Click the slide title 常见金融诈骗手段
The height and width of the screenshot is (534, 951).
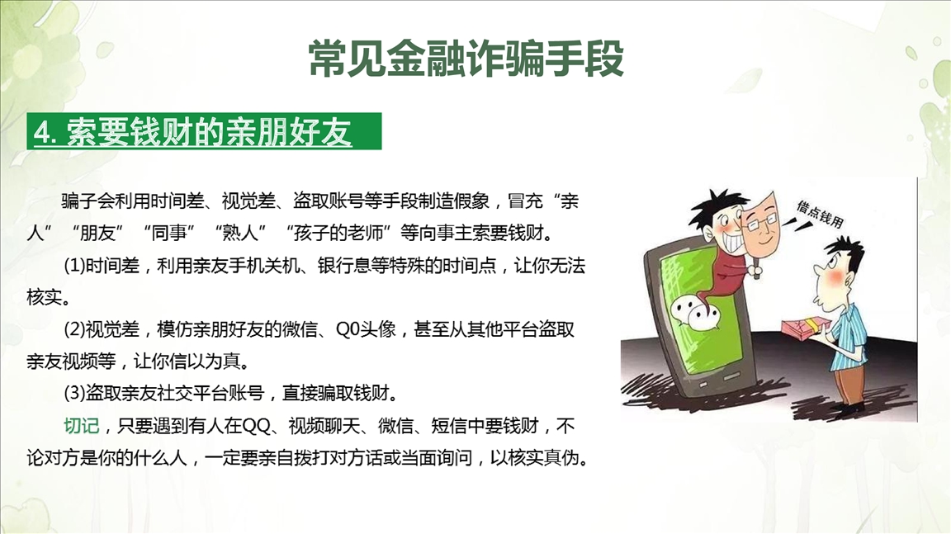coord(466,59)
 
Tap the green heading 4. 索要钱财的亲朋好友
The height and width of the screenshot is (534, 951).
coord(193,131)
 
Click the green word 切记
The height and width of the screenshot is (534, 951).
coord(81,426)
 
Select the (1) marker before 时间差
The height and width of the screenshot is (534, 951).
coord(74,266)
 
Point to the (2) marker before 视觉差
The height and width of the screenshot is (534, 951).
coord(74,330)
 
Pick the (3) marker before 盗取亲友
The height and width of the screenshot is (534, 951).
coord(74,394)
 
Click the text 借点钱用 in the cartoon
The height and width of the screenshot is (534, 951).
coord(820,214)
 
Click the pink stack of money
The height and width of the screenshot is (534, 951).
coord(804,328)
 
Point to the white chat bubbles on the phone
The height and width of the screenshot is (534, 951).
coord(696,311)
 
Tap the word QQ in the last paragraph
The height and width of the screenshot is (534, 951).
coord(257,426)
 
